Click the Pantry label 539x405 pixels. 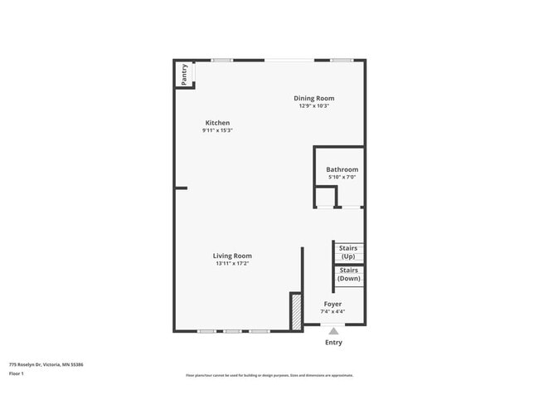[184, 73]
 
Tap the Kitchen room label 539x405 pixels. [217, 123]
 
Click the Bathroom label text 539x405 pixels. [342, 169]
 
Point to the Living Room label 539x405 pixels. [232, 256]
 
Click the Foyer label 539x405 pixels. [333, 304]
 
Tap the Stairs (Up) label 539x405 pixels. [348, 251]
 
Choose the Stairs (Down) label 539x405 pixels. [348, 274]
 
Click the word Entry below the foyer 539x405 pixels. [333, 342]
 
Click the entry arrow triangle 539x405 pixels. [333, 331]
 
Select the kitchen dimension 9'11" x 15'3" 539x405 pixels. [217, 130]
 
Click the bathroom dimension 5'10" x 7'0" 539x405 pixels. [342, 177]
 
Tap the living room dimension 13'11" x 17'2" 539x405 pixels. [232, 263]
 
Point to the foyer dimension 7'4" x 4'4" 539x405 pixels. [333, 311]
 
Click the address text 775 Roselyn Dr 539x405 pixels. [46, 364]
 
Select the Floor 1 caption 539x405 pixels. [17, 373]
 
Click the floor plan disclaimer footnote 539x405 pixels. [269, 375]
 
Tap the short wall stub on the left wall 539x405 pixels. [181, 188]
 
